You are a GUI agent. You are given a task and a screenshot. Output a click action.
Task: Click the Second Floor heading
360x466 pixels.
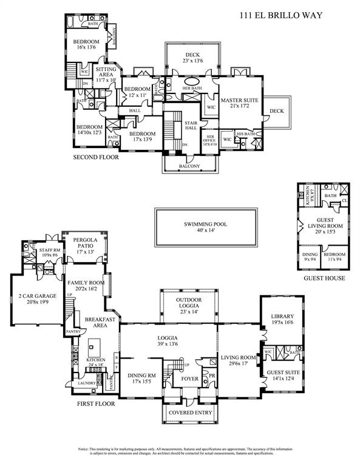[x=95, y=157]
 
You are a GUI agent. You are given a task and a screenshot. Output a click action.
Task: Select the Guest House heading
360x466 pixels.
[x=325, y=279]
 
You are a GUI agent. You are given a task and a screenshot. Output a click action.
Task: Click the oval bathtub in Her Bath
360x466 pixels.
[x=192, y=81]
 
